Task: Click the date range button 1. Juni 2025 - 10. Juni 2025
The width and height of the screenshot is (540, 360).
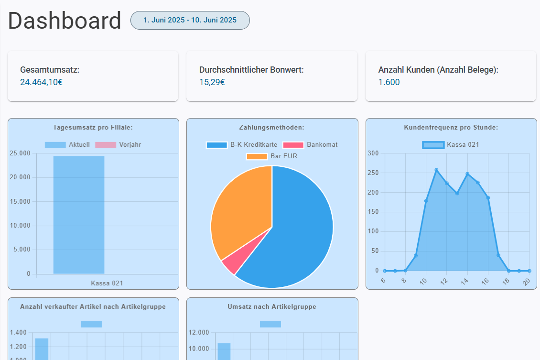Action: click(x=190, y=20)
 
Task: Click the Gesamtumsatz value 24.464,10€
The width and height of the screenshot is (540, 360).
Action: click(x=42, y=82)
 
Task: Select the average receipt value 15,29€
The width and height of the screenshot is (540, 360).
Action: click(x=212, y=82)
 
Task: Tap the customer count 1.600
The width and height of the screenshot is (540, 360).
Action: click(x=389, y=82)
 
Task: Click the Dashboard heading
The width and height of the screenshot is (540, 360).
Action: click(x=65, y=21)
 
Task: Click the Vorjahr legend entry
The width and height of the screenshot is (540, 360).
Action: click(x=118, y=144)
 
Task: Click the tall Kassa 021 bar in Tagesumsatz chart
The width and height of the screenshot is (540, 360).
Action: click(x=79, y=215)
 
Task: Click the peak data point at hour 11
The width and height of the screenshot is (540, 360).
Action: click(x=436, y=170)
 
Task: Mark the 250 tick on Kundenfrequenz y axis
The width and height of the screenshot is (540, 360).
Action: click(x=373, y=173)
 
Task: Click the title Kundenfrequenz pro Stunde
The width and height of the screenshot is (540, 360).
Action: click(x=451, y=127)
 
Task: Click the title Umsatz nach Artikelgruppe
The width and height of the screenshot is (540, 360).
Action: click(x=272, y=306)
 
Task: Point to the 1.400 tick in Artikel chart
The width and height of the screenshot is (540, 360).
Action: click(x=18, y=332)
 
